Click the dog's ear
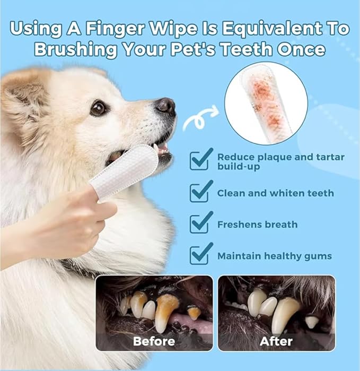click(21, 96)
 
